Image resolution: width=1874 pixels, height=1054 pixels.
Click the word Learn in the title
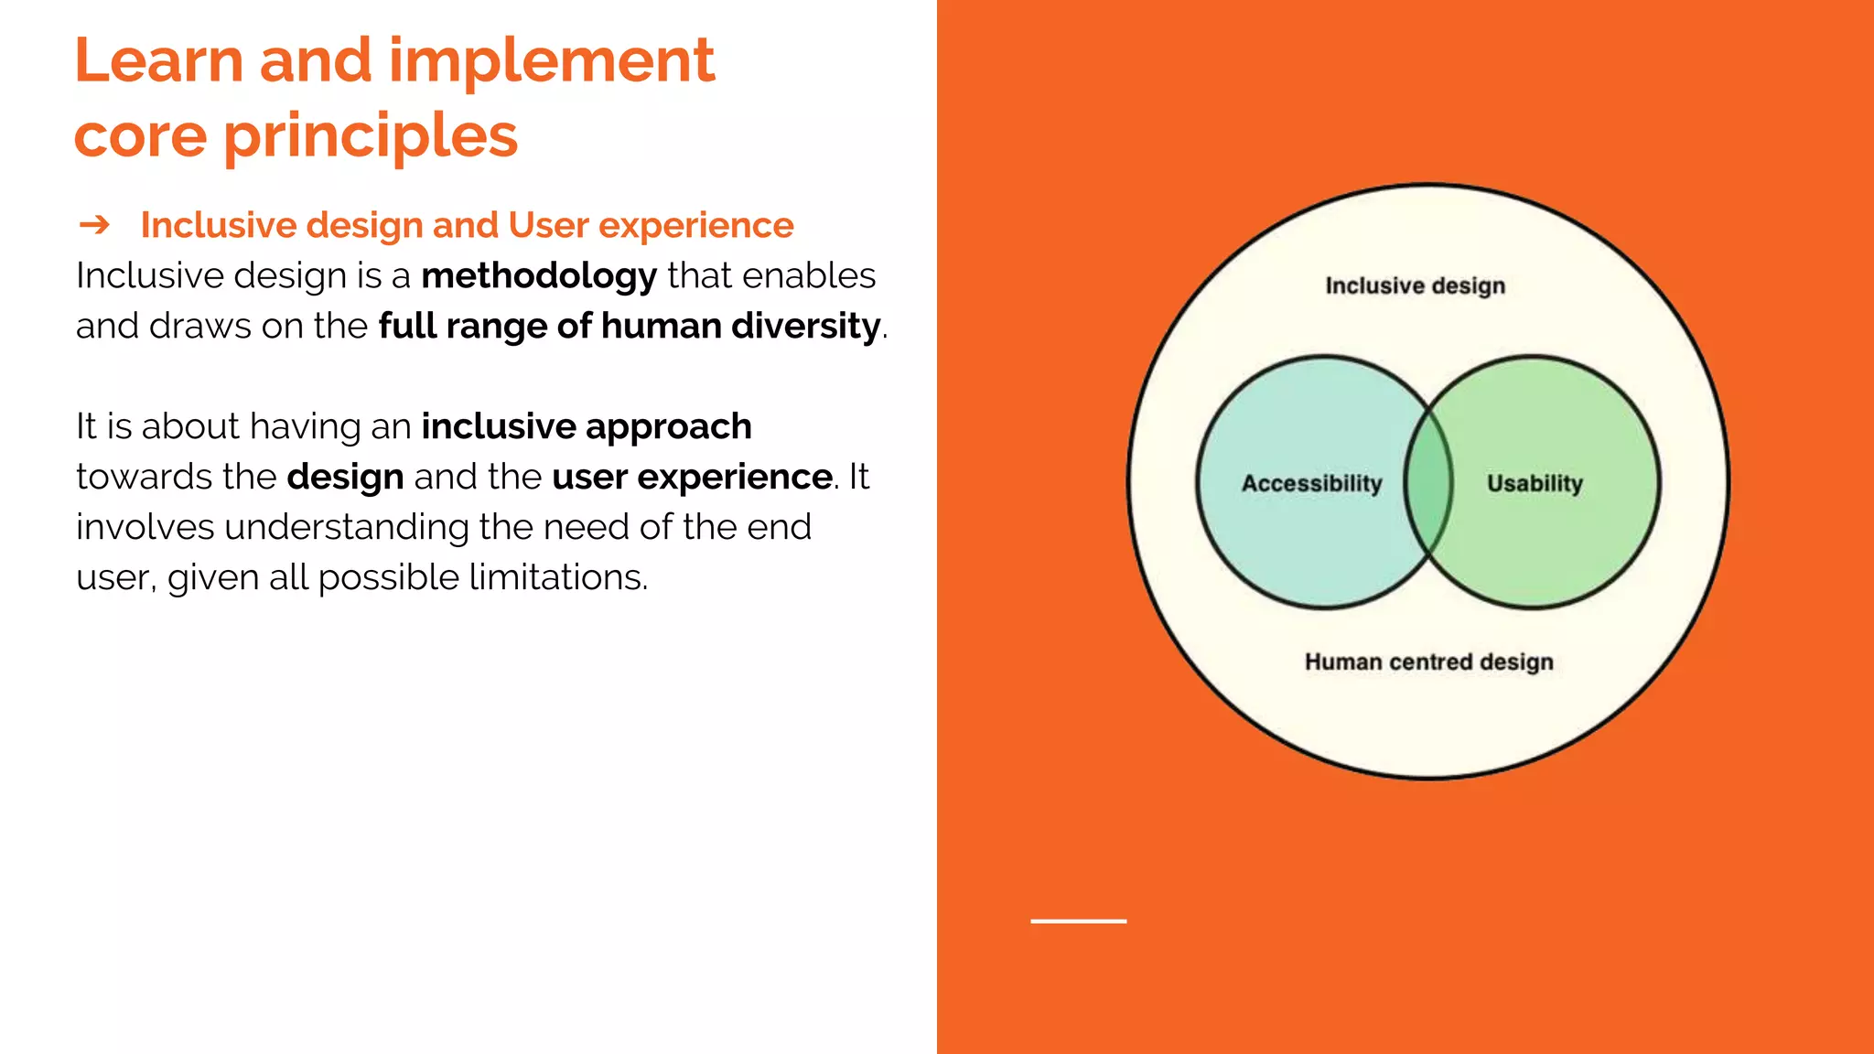coord(158,61)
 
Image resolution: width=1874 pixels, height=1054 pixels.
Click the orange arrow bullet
coord(94,224)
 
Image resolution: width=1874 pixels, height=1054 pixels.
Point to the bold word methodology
coord(538,275)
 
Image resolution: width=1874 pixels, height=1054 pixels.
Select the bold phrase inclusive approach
coord(586,426)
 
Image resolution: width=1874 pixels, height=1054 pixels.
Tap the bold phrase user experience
coord(692,477)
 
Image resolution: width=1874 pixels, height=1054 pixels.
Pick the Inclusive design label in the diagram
coord(1415,285)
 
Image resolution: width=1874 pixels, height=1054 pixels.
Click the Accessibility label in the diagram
coord(1310,483)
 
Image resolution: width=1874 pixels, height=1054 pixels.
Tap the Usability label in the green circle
coord(1535,483)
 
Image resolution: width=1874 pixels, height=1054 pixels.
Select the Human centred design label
coord(1428,661)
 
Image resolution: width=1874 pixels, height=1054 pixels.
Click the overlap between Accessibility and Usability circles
coord(1428,482)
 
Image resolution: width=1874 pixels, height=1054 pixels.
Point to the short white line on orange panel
coord(1078,920)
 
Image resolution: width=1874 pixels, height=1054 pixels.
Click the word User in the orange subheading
coord(547,225)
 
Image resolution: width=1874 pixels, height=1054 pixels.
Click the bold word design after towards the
coord(345,477)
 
